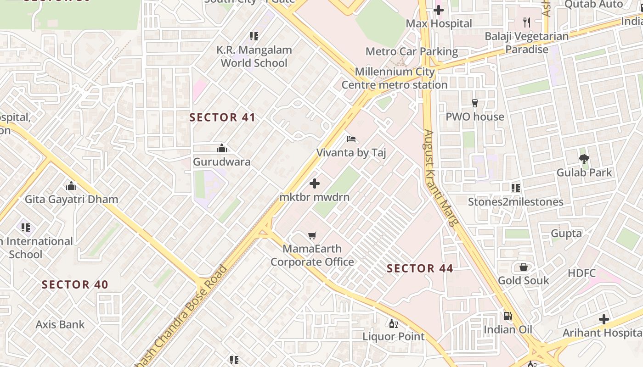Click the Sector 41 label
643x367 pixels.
tap(222, 117)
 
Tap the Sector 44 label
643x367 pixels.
tap(420, 268)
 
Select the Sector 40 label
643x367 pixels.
tap(75, 284)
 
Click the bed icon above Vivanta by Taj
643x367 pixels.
tap(351, 139)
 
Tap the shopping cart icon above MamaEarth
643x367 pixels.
tap(312, 236)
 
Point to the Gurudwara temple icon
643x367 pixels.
tap(222, 148)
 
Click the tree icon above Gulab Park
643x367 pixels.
tap(584, 159)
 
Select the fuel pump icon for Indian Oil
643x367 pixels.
tap(508, 316)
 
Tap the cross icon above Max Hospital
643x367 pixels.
tap(439, 10)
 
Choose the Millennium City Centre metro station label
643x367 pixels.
tap(395, 78)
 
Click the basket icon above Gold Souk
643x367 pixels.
tap(523, 267)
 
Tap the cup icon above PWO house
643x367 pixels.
tap(475, 103)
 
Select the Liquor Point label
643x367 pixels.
tap(394, 336)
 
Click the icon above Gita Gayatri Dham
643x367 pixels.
tap(71, 186)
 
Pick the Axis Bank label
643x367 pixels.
tap(60, 325)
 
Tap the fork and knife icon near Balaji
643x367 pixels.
tap(527, 22)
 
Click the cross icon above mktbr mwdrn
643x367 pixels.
tap(315, 184)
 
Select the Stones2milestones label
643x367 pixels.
tap(515, 202)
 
